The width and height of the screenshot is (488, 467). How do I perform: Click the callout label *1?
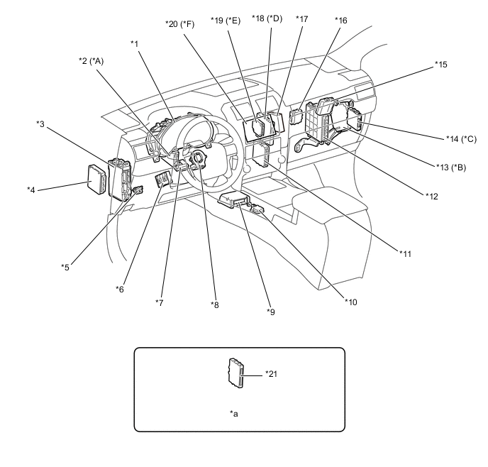point(134,43)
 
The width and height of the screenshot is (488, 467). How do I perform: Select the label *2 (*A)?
point(91,61)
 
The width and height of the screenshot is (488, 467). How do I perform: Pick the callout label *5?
point(65,267)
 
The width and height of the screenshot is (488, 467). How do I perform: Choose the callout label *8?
point(215,304)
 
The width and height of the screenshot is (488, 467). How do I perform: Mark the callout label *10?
point(350,302)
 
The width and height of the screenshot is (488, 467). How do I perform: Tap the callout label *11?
point(405,253)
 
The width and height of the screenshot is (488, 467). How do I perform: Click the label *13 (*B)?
point(450,167)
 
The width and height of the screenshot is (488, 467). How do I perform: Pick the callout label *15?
point(441,65)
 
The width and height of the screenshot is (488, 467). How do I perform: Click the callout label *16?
point(340,21)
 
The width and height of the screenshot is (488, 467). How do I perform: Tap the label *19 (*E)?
point(226,20)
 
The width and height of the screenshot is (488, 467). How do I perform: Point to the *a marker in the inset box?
point(234,412)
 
